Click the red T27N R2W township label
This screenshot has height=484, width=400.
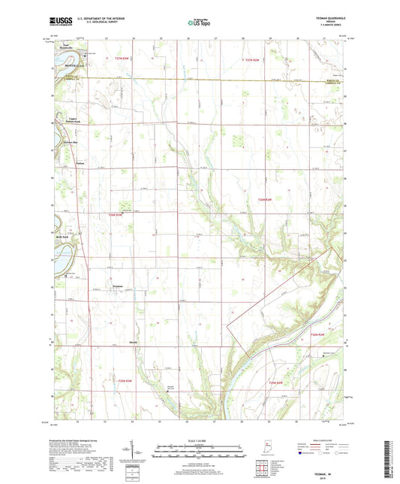tap(256, 59)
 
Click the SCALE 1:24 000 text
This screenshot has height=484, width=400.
tap(199, 441)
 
